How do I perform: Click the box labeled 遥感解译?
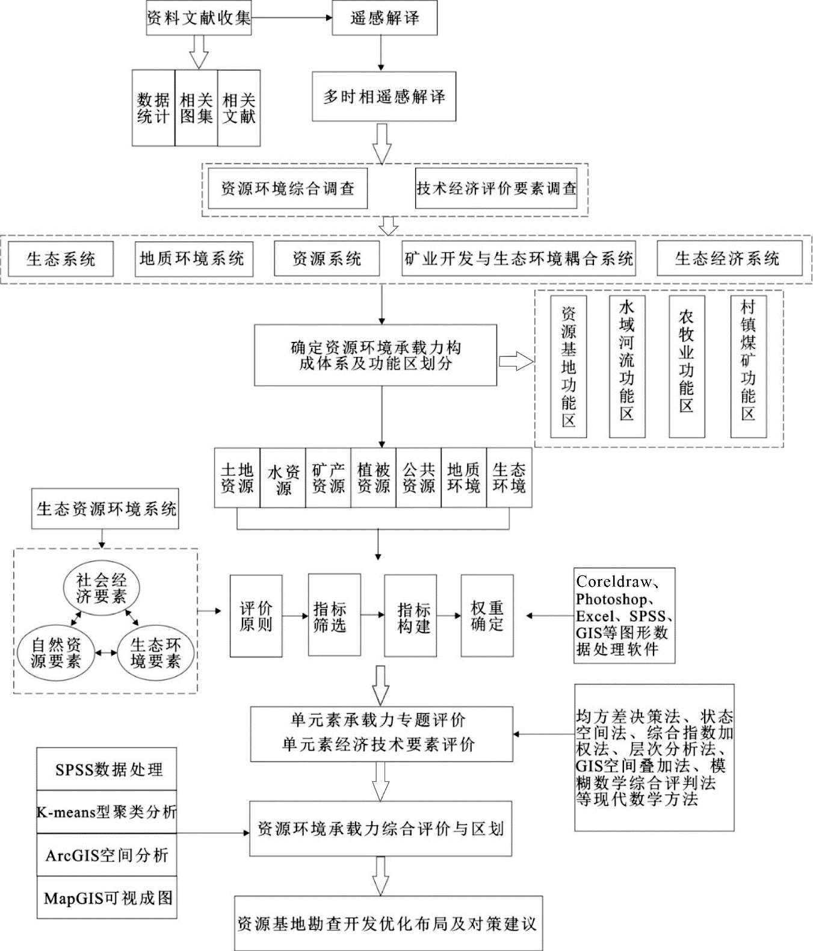(x=385, y=18)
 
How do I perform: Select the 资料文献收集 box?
(x=199, y=18)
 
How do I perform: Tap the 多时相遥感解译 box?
(x=384, y=97)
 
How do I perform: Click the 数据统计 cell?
(x=153, y=108)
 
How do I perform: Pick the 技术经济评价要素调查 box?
(x=496, y=188)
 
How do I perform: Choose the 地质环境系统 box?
(x=194, y=259)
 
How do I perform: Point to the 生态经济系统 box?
(x=729, y=259)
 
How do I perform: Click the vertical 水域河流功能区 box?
(x=627, y=366)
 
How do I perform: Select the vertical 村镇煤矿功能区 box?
(x=749, y=366)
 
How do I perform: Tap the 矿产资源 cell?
(x=328, y=477)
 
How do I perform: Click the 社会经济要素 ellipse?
(x=101, y=589)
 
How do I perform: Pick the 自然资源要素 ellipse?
(x=56, y=653)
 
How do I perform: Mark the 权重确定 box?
(x=487, y=616)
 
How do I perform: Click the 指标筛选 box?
(x=335, y=615)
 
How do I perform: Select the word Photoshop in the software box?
(x=611, y=599)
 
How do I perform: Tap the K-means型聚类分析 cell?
(x=107, y=812)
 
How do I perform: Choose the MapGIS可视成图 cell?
(x=107, y=897)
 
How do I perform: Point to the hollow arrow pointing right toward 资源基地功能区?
(x=516, y=361)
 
